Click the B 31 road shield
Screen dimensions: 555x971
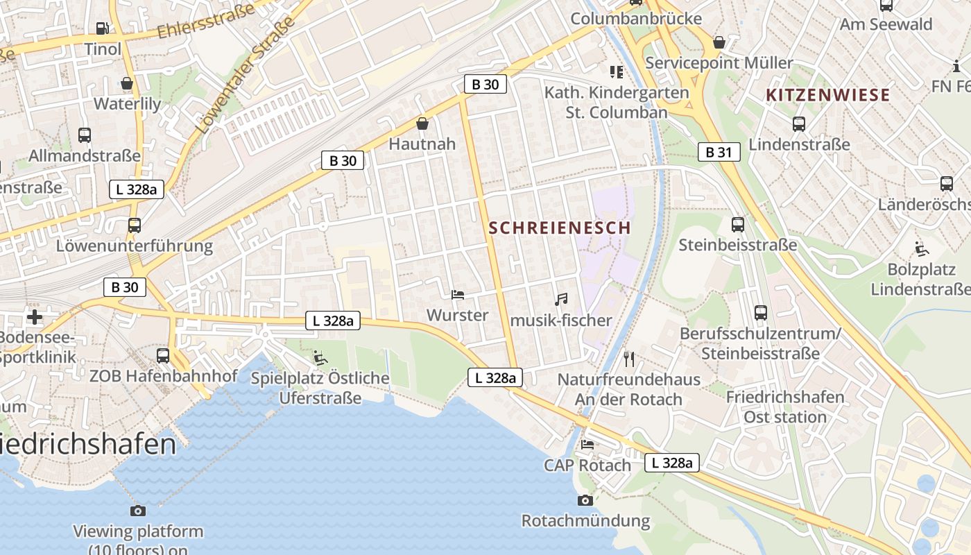[x=719, y=152]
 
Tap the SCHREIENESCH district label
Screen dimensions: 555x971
[x=560, y=228]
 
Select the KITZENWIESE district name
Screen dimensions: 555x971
[x=827, y=96]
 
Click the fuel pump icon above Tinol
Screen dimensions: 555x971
[x=103, y=28]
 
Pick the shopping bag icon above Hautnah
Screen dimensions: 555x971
[x=422, y=123]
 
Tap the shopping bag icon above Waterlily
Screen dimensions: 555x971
[x=127, y=83]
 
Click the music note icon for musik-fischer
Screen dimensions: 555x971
[x=561, y=299]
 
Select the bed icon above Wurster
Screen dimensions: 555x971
[x=457, y=295]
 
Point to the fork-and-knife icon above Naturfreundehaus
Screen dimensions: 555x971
[x=629, y=359]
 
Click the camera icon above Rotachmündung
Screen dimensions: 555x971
[x=585, y=500]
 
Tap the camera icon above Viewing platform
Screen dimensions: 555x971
[x=138, y=511]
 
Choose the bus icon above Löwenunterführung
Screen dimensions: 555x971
[x=134, y=225]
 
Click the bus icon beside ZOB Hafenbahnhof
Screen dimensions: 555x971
[x=163, y=355]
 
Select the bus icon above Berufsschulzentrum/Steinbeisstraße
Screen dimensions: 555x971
[x=760, y=313]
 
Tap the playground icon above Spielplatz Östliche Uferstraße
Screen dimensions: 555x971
[x=320, y=357]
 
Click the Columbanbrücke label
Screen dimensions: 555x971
[x=636, y=18]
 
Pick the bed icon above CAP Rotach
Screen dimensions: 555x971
[x=587, y=444]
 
